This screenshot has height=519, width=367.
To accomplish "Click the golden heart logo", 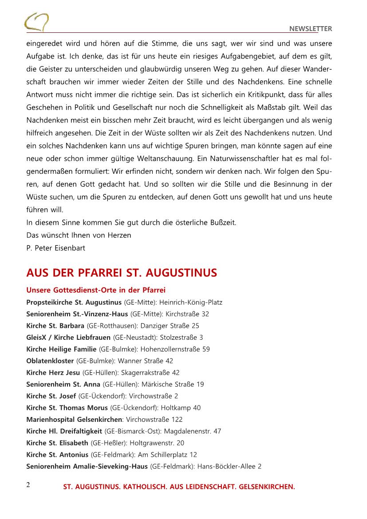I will (36, 21).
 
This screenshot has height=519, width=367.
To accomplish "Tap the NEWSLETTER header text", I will (311, 29).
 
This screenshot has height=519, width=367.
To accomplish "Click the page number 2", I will (28, 484).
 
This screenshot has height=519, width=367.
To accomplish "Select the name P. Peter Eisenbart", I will (55, 248).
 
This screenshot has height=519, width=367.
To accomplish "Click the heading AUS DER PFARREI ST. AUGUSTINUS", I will (122, 272).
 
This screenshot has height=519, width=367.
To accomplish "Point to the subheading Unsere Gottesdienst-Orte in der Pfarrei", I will (96, 291).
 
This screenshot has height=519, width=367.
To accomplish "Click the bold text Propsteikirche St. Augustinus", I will (74, 303).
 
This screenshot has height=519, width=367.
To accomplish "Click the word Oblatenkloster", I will (50, 361).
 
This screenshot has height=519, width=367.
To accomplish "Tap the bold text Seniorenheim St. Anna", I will (63, 384).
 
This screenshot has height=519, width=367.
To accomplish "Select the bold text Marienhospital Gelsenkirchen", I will (74, 419).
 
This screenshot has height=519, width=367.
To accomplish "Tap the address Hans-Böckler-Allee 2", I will (229, 466).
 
